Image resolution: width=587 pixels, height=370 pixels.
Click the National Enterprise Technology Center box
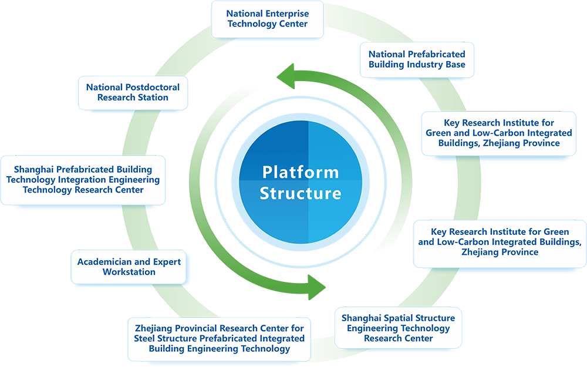point(267,19)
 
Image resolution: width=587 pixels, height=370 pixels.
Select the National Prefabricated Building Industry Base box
point(417,59)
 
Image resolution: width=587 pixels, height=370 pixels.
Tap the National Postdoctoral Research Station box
point(133,92)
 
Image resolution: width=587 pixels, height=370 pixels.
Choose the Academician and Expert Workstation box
point(129,267)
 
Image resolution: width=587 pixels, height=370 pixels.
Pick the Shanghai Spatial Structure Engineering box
point(398,328)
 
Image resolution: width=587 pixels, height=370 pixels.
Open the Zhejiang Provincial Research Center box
point(220,338)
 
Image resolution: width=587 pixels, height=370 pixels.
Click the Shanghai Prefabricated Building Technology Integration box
point(83,179)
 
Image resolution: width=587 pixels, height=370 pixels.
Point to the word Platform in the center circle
point(301,173)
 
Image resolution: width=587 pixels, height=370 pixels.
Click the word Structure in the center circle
point(301,193)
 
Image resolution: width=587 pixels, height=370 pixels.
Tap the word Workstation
point(129,272)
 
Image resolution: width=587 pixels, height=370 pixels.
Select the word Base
point(455,65)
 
